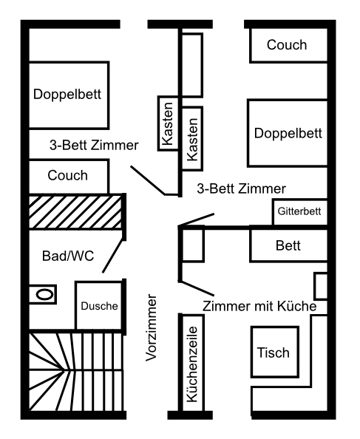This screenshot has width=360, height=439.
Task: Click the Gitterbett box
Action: coord(300,211)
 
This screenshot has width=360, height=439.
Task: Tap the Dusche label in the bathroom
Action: coord(99,306)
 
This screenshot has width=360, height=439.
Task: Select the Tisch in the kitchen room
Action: coord(274,352)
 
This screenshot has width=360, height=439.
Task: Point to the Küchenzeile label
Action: coord(192,364)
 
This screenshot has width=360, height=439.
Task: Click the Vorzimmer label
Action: coord(152,327)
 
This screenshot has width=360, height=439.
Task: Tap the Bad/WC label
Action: coord(68,256)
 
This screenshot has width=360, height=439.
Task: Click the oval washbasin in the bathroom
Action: coord(45,295)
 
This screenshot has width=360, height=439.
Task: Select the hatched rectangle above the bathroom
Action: coord(75,212)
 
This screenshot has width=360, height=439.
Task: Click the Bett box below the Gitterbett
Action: coord(288,245)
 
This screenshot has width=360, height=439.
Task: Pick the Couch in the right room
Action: coord(288,45)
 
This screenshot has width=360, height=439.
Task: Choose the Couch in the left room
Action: coord(69,176)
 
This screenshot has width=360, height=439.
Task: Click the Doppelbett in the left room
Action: coord(69,95)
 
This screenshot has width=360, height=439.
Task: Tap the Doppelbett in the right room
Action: coord(288,133)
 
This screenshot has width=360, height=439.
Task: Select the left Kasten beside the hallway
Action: coord(168,123)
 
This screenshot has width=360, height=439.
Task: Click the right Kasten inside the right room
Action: coord(192,139)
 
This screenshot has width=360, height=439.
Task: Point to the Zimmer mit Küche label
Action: coord(259,306)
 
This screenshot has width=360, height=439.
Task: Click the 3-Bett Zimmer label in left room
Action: coord(94,146)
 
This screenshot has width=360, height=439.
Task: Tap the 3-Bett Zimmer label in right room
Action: coord(241,188)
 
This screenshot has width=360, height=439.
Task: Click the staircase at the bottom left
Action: coord(76,372)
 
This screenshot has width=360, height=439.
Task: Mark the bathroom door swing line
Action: coord(113,256)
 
